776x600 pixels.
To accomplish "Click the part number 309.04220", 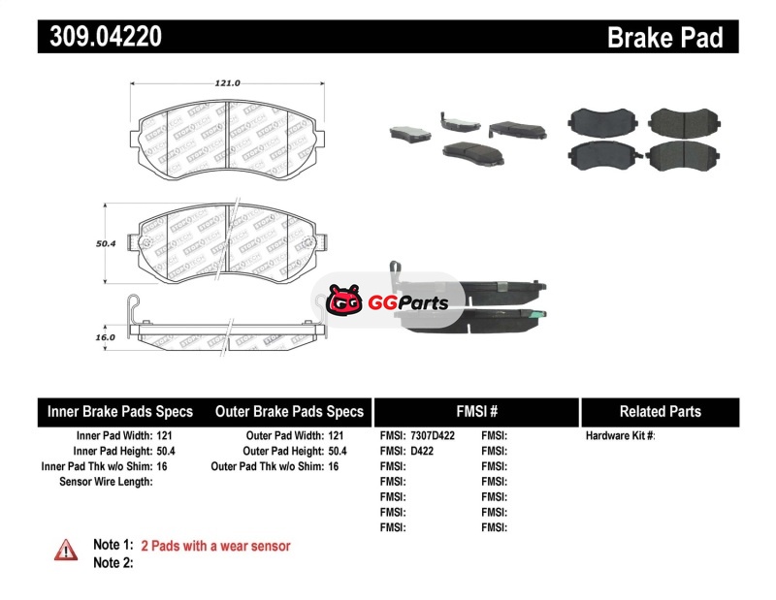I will (x=100, y=37).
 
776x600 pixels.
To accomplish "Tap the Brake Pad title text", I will (x=664, y=37).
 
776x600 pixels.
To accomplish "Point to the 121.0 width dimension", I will (x=227, y=83).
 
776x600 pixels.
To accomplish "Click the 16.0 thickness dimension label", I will (x=105, y=337).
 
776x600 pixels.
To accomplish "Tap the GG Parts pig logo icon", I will (x=343, y=302).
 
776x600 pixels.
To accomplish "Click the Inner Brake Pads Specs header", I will (x=120, y=411).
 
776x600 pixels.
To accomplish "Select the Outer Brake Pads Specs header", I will (x=288, y=411).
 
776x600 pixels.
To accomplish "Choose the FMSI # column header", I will (x=476, y=411).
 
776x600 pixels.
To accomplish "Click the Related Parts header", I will (x=660, y=411).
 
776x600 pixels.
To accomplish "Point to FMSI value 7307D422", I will (x=433, y=436).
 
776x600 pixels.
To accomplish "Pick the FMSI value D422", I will (x=421, y=451).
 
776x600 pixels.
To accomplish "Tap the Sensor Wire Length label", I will (x=106, y=481).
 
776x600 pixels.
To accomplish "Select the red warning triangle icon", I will (x=66, y=550).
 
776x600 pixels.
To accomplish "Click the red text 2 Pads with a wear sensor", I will (x=215, y=546).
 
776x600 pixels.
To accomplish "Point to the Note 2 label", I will (x=113, y=562).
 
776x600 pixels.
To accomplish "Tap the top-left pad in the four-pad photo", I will (x=598, y=121).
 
